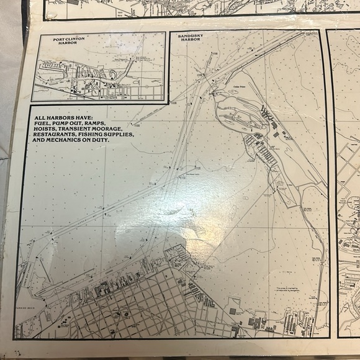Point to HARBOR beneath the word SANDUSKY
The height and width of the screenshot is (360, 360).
coord(189,41)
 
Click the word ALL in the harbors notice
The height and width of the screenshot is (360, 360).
coord(40,117)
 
